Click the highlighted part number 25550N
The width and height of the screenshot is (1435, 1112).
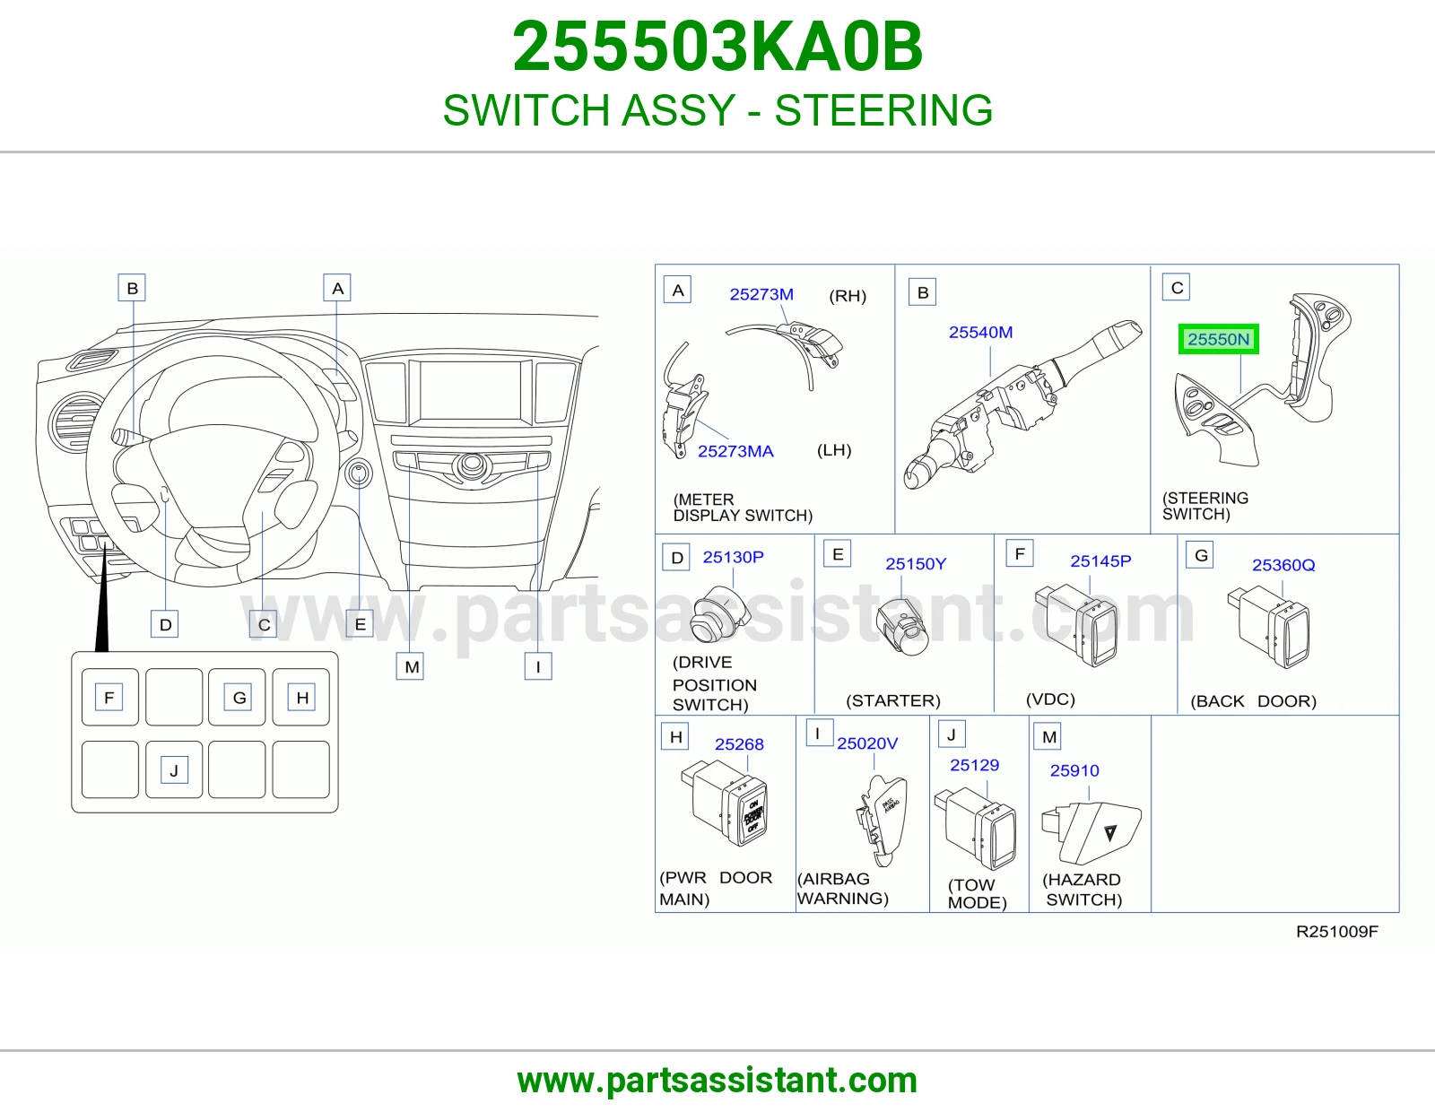point(1218,339)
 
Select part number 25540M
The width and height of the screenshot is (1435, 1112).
point(980,332)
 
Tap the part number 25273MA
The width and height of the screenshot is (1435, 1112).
point(735,451)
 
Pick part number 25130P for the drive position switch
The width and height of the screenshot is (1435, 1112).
point(733,557)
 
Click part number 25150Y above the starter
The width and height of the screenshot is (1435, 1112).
point(916,564)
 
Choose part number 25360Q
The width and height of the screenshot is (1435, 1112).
point(1283,565)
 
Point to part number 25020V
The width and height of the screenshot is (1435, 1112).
point(867,743)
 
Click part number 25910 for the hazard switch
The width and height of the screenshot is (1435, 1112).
point(1074,770)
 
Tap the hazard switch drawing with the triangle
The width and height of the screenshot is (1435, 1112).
point(1091,833)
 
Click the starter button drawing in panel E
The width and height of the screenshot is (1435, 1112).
point(902,627)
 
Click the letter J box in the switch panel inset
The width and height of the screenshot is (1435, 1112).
point(174,770)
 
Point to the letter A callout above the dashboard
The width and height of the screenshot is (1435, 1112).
point(337,288)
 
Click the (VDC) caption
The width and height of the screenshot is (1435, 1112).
point(1050,699)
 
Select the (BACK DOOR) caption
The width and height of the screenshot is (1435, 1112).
point(1254,701)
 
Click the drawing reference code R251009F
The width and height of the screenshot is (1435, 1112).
point(1336,932)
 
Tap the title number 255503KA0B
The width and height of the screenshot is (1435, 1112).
point(717,47)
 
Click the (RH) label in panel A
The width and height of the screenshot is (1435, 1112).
point(848,296)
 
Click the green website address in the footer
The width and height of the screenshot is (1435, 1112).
point(717,1081)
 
